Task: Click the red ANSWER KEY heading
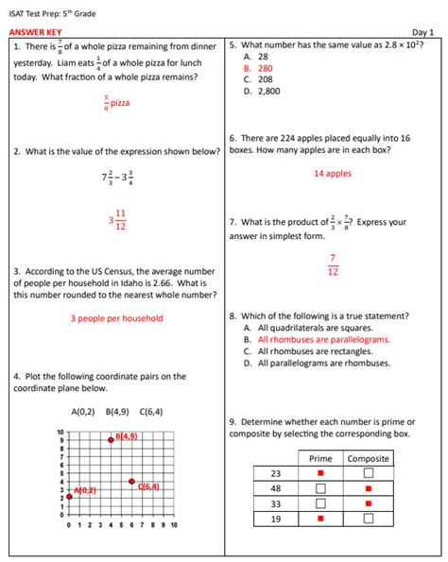pos(35,32)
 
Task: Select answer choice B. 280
pos(258,68)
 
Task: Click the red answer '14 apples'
pos(332,174)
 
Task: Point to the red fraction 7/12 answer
pos(333,264)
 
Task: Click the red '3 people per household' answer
pos(116,318)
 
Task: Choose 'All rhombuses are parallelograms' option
pos(316,339)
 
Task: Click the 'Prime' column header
pos(320,458)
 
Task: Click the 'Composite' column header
pos(368,458)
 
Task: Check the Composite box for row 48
pos(368,488)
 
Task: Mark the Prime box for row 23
pos(320,473)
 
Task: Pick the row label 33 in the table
pos(276,503)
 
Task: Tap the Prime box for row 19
pos(320,519)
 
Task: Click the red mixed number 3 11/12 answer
pos(117,220)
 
